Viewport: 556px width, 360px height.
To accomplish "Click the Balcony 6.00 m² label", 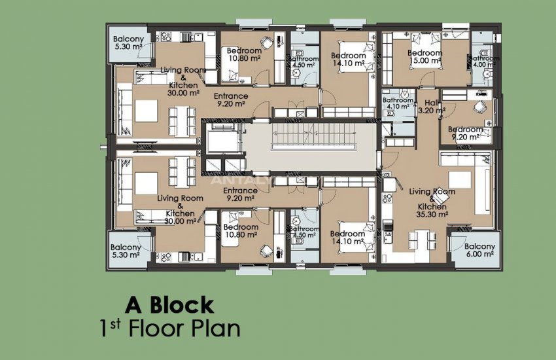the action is click(x=479, y=250).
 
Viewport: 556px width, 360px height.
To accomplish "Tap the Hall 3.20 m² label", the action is click(x=431, y=107).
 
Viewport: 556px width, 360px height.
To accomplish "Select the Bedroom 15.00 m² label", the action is click(x=425, y=57).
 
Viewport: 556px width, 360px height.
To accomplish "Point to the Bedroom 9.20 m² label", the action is click(x=465, y=134).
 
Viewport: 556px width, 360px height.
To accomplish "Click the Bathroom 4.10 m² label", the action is click(x=398, y=103).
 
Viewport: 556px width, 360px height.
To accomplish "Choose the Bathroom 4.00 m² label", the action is click(x=484, y=62).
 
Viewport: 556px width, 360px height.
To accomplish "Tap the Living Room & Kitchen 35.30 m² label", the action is click(x=432, y=203).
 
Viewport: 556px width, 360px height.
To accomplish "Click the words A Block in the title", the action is click(x=170, y=305).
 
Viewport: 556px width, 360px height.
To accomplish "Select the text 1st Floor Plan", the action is click(x=170, y=329).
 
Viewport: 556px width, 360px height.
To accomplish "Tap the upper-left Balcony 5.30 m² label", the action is click(x=128, y=43).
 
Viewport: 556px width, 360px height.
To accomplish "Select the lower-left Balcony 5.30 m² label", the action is click(x=126, y=251).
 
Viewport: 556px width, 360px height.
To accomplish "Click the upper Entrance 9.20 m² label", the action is click(x=231, y=99).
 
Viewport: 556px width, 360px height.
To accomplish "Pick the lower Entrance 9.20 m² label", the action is click(x=241, y=194).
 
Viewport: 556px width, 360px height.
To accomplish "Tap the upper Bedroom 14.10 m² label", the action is click(x=348, y=59).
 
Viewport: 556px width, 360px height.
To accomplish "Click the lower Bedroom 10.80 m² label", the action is click(x=241, y=230).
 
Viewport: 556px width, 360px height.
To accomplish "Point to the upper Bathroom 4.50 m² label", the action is click(x=304, y=62).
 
